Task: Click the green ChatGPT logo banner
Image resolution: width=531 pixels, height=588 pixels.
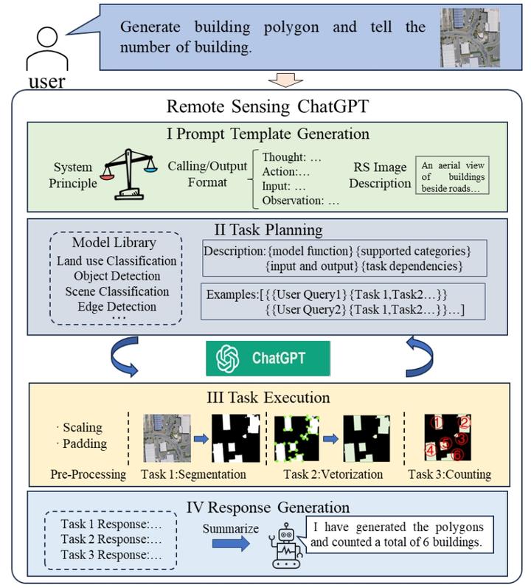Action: [x=268, y=359]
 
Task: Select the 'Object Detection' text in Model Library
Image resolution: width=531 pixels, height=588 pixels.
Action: [x=116, y=276]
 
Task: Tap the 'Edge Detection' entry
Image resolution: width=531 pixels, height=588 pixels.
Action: [x=116, y=305]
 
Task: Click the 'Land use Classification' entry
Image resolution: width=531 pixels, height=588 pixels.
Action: [x=117, y=260]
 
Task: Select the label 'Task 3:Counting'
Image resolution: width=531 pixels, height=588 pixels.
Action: [x=448, y=474]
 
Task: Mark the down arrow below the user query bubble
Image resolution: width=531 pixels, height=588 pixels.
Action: [x=284, y=79]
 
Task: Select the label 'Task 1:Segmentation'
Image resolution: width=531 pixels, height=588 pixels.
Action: [x=193, y=474]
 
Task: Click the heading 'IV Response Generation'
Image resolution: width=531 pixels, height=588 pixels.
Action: [x=268, y=507]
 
